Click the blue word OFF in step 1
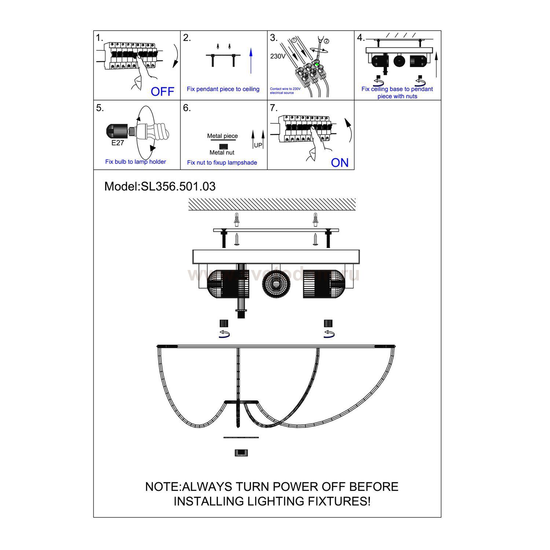(x=162, y=91)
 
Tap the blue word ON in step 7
(x=340, y=162)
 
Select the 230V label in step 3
(x=278, y=56)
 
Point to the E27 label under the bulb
(x=118, y=143)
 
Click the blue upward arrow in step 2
(x=251, y=62)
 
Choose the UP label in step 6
(x=258, y=145)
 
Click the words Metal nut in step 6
(x=222, y=153)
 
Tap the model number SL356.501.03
(x=178, y=186)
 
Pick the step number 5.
(x=100, y=108)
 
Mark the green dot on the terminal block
(x=316, y=65)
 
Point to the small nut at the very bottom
(x=241, y=453)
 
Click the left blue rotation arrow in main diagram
(x=224, y=334)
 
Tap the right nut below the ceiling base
(x=328, y=323)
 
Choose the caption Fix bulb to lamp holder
(x=136, y=162)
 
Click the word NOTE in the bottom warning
(x=162, y=487)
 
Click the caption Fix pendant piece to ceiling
(x=223, y=89)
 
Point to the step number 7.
(x=274, y=108)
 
